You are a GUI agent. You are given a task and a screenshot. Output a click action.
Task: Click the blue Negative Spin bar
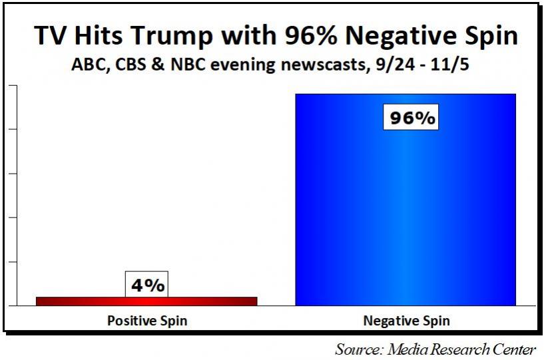[405, 200]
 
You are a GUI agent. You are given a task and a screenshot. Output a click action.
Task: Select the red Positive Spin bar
[146, 301]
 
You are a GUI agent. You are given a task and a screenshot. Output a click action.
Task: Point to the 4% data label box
[146, 285]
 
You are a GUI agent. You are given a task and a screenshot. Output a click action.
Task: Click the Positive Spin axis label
[147, 321]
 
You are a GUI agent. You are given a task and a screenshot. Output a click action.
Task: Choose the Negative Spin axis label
[406, 321]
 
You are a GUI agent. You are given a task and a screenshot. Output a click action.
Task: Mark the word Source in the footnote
[358, 349]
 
